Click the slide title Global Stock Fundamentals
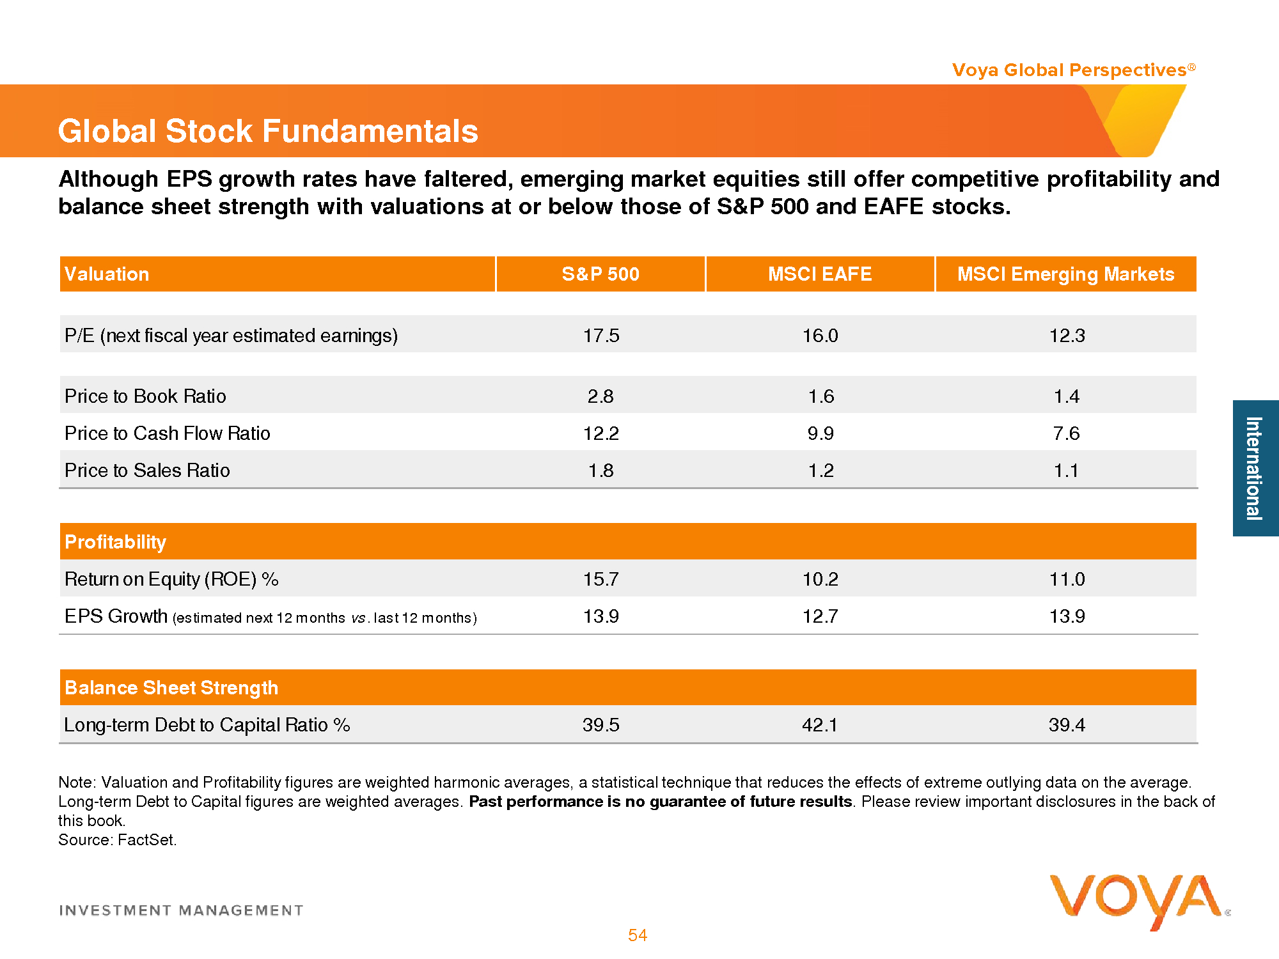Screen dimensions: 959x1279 point(268,131)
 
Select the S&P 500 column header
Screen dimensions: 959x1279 point(600,274)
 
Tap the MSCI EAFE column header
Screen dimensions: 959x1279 point(820,274)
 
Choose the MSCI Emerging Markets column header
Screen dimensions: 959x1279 point(1065,274)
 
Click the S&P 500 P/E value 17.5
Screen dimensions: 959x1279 point(601,336)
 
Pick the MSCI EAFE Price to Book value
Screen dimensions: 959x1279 point(821,396)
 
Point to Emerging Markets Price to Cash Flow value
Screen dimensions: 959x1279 point(1066,433)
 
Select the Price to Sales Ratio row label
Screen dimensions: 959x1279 point(147,471)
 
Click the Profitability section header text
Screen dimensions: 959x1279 point(116,542)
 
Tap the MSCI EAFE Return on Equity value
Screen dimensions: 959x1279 point(820,579)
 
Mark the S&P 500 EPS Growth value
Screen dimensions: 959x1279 point(601,616)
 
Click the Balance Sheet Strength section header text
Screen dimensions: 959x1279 point(171,688)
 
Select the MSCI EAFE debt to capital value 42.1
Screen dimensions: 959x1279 point(820,725)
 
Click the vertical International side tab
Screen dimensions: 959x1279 point(1255,468)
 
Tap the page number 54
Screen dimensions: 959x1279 point(638,935)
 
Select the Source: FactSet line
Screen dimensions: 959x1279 point(118,840)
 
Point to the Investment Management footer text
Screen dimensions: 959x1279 point(181,910)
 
